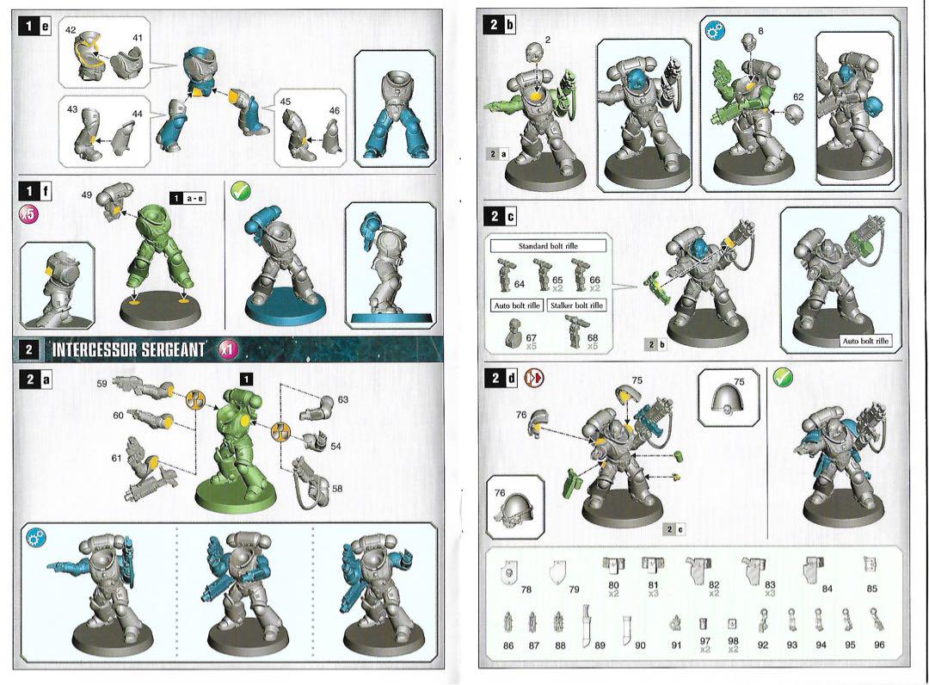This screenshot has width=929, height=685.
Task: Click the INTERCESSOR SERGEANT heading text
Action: pyautogui.click(x=128, y=349)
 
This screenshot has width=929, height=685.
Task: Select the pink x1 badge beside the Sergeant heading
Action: pyautogui.click(x=228, y=349)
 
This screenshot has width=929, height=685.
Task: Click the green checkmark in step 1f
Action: pyautogui.click(x=241, y=191)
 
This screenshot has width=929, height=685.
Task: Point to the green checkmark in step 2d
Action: pyautogui.click(x=784, y=377)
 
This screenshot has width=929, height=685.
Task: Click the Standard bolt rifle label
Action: pyautogui.click(x=548, y=246)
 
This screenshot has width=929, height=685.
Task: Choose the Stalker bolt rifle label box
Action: pyautogui.click(x=576, y=305)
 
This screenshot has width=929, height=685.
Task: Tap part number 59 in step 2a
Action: pyautogui.click(x=102, y=384)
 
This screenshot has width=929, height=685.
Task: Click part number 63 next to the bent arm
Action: pyautogui.click(x=343, y=399)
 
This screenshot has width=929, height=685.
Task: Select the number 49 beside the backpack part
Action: pyautogui.click(x=87, y=195)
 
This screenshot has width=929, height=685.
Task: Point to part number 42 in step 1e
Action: pyautogui.click(x=71, y=30)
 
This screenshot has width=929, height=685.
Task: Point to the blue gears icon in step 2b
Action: pyautogui.click(x=715, y=30)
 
